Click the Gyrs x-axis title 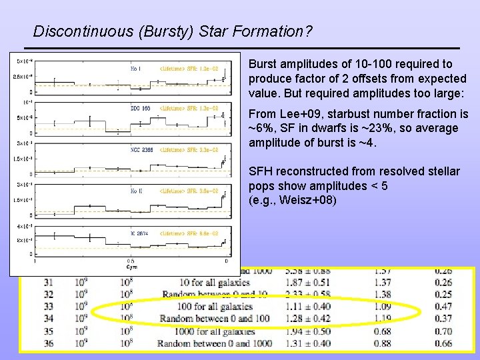[131, 265]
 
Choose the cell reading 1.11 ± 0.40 [307, 307]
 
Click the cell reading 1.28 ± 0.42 [307, 319]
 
